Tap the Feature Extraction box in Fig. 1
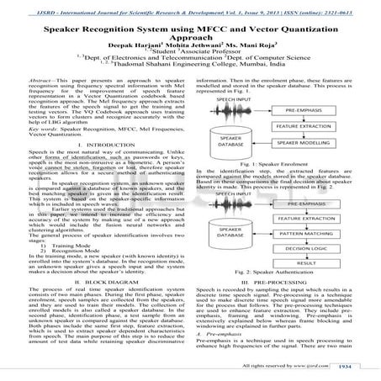316,126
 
